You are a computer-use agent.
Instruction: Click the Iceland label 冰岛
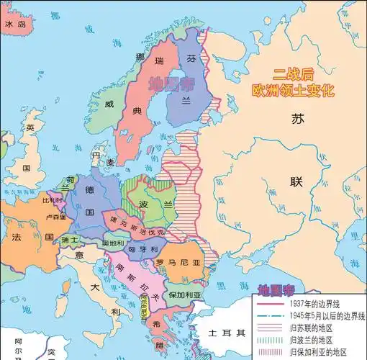pyautogui.click(x=16, y=24)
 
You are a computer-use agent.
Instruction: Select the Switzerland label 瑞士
pyautogui.click(x=70, y=239)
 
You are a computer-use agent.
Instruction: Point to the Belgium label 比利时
pyautogui.click(x=51, y=200)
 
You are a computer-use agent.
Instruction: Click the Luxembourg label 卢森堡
pyautogui.click(x=56, y=216)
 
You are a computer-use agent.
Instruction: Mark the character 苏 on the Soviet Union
pyautogui.click(x=297, y=120)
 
